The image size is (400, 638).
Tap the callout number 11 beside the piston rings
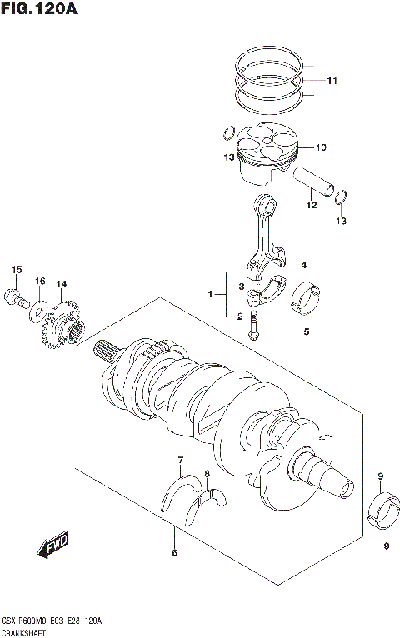332,81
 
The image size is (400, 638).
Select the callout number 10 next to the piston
321,147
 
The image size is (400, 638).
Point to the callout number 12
310,204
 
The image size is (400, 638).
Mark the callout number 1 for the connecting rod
212,293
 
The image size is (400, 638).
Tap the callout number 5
306,331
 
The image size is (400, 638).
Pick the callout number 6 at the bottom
174,552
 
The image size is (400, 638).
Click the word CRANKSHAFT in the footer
25,632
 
